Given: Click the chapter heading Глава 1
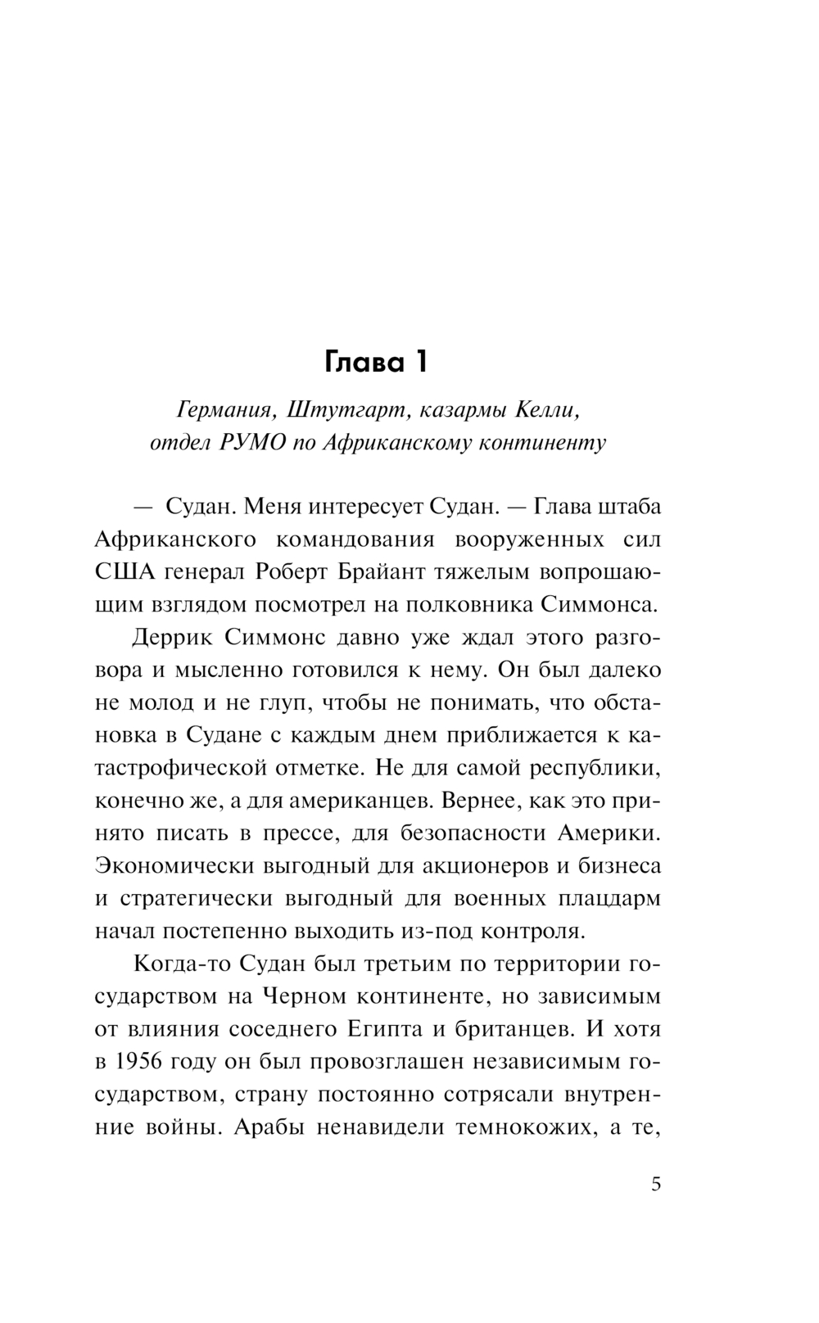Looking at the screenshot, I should coord(377,362).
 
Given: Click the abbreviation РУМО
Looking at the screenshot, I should coord(253,443).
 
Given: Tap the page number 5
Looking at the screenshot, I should coord(655,1185).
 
